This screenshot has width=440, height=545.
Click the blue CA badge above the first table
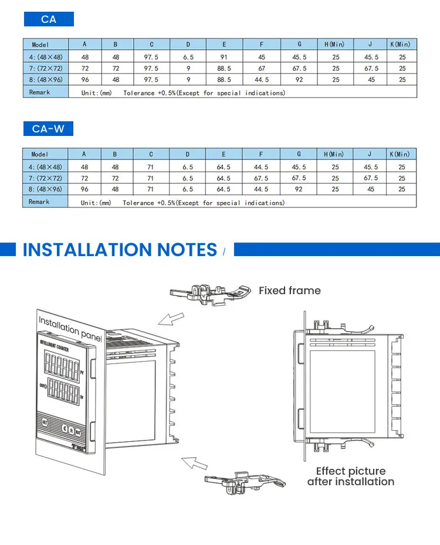pyautogui.click(x=49, y=19)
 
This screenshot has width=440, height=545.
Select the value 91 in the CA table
pyautogui.click(x=224, y=57)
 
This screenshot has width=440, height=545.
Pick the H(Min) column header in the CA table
pyautogui.click(x=335, y=44)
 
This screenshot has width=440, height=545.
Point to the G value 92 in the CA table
pyautogui.click(x=299, y=79)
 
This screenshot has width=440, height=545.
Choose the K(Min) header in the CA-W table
pyautogui.click(x=401, y=154)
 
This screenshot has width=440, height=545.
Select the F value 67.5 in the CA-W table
pyautogui.click(x=261, y=178)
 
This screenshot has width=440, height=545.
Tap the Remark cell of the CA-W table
pyautogui.click(x=39, y=202)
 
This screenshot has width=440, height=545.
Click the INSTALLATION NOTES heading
pyautogui.click(x=120, y=250)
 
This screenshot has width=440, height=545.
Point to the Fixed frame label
pyautogui.click(x=290, y=291)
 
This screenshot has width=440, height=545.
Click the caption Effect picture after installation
pyautogui.click(x=351, y=476)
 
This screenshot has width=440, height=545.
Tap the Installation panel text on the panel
pyautogui.click(x=70, y=328)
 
